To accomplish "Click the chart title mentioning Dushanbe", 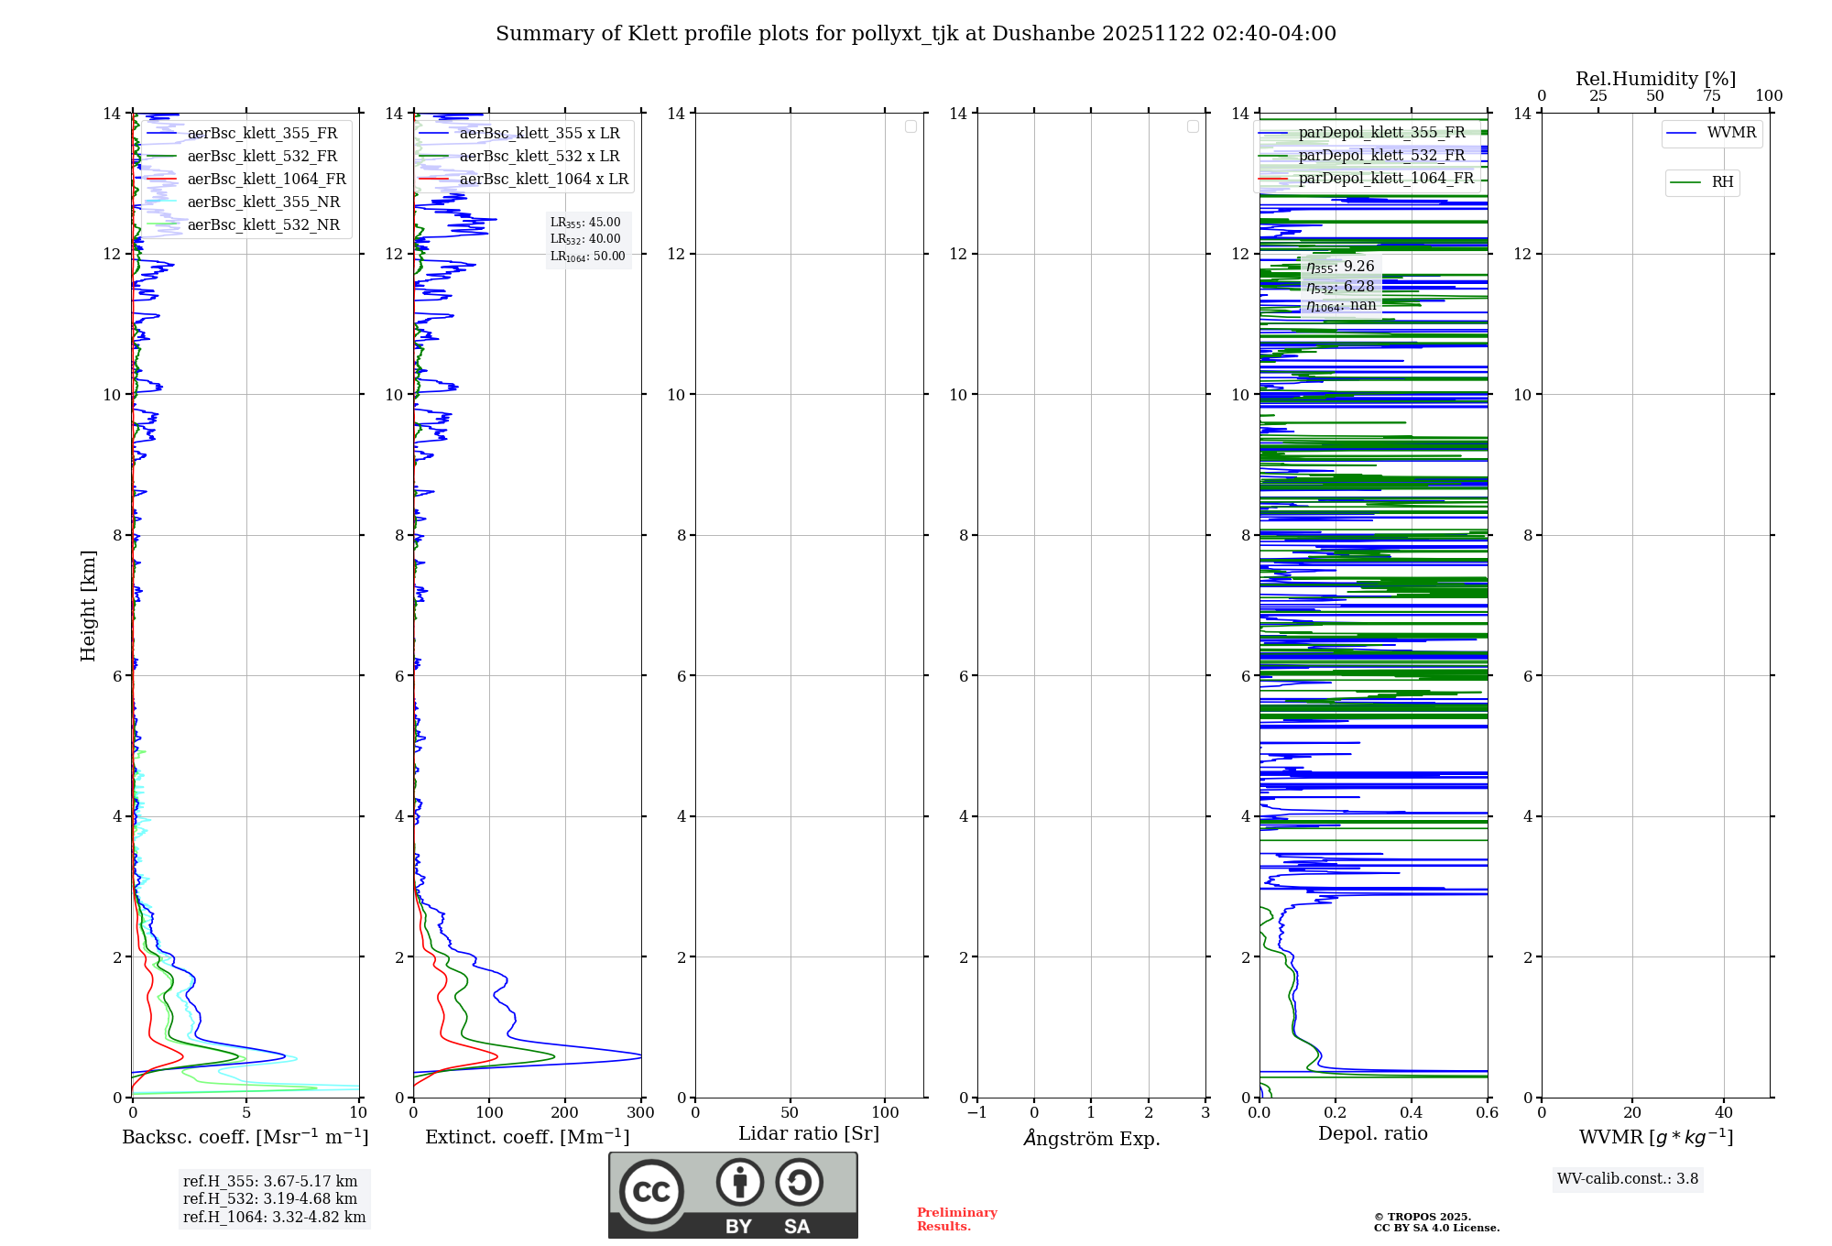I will coord(916,34).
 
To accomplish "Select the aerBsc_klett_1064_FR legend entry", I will coord(266,180).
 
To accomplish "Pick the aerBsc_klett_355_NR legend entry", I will coord(263,202).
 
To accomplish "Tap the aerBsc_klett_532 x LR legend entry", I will coord(539,157).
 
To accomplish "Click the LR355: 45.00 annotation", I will coord(585,223).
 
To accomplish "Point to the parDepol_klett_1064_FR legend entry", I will coord(1385,179).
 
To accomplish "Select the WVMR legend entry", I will coord(1730,133).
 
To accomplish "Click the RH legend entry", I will coord(1721,182).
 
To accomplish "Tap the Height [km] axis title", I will coord(88,606).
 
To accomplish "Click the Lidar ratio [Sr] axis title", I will coord(809,1134).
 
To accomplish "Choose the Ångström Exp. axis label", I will coord(1092,1139).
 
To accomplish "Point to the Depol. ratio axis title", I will coord(1372,1134).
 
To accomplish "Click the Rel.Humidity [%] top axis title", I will coord(1655,79).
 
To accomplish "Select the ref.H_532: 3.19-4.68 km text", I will coord(270,1199).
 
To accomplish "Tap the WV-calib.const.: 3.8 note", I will coord(1628,1179).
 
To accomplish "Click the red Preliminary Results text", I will coord(956,1219).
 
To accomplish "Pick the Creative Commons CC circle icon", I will coord(651,1192).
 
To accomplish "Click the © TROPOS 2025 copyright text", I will coord(1423,1218).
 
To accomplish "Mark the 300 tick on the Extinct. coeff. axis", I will coord(641,1113).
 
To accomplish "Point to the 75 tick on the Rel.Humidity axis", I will coord(1711,96).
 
